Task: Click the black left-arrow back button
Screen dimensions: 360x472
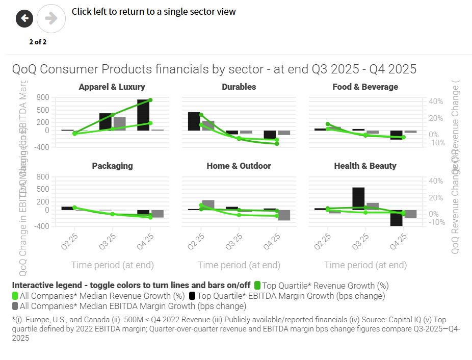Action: [x=24, y=19]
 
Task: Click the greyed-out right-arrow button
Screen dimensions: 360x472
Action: [x=51, y=19]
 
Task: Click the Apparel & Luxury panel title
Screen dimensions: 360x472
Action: [x=112, y=87]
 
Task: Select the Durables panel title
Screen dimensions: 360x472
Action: [x=239, y=87]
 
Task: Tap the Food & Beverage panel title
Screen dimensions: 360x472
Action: [x=365, y=87]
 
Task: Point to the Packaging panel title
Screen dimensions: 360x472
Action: [x=112, y=166]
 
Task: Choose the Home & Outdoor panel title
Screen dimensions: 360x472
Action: [x=239, y=166]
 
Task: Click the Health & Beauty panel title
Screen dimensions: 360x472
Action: [x=365, y=166]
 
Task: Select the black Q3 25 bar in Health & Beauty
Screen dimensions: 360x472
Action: [x=358, y=198]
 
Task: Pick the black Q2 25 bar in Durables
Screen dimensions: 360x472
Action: [x=194, y=121]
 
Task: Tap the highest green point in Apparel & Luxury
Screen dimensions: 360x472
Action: [x=150, y=100]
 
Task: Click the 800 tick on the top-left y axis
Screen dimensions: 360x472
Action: [x=43, y=97]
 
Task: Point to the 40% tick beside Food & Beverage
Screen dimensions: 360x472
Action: [x=436, y=101]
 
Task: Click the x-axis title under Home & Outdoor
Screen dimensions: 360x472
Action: [x=239, y=265]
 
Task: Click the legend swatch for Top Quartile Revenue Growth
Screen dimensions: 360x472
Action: [x=257, y=286]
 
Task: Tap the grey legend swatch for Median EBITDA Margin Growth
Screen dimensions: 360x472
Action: [x=15, y=306]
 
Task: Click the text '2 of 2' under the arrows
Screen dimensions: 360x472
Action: [x=38, y=42]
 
